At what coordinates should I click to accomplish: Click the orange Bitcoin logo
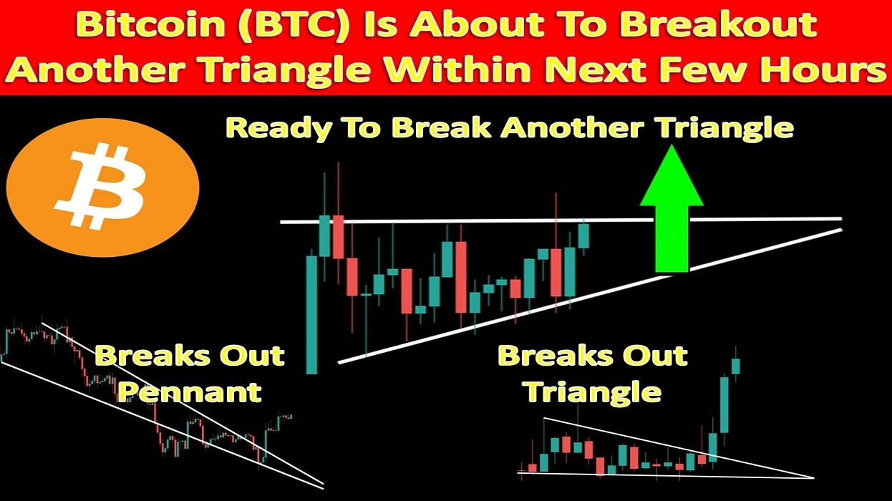coord(103,188)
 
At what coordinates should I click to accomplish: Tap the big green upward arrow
coord(672,208)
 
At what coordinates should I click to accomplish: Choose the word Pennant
coord(190,392)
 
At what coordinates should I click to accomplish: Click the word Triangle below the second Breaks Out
coord(593,393)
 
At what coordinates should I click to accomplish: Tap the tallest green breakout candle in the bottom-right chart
coord(724,404)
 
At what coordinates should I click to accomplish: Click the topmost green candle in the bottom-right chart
coord(735,366)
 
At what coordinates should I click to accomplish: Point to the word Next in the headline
coord(593,69)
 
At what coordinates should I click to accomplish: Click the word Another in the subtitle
coord(571,128)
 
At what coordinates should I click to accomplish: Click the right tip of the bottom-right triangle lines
coord(814,477)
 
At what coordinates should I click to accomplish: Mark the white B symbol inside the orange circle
coord(100,187)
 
